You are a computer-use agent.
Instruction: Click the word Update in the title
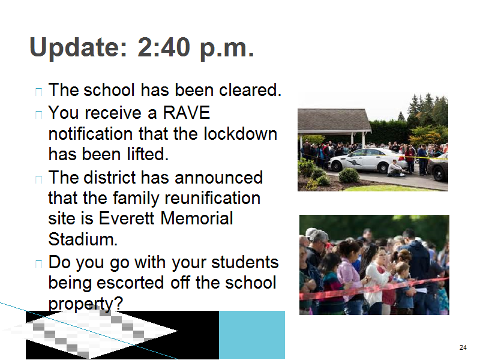(x=78, y=48)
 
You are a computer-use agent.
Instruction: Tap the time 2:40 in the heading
(x=164, y=47)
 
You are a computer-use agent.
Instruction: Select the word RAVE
(x=186, y=112)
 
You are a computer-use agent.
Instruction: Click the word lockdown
(x=241, y=134)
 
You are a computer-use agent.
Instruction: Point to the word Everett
(x=127, y=218)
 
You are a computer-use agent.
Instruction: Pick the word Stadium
(x=83, y=239)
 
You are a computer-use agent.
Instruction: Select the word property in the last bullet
(x=86, y=304)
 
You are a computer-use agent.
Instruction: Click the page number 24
(x=463, y=347)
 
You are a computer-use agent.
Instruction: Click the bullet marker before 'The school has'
(x=38, y=92)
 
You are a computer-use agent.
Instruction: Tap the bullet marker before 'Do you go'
(x=38, y=263)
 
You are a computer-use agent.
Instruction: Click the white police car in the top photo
(x=368, y=160)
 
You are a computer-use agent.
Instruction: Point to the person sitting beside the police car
(x=396, y=169)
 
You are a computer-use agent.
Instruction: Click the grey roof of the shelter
(x=334, y=121)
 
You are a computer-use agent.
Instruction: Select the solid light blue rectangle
(x=252, y=335)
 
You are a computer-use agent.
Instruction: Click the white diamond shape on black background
(x=92, y=332)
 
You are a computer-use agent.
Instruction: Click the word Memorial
(x=197, y=218)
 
